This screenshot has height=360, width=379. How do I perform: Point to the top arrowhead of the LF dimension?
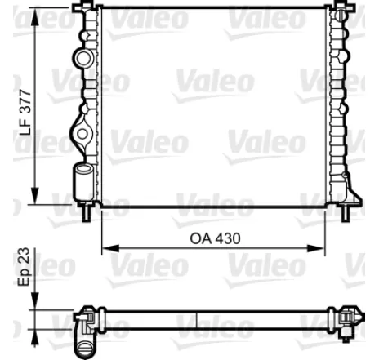point(37,11)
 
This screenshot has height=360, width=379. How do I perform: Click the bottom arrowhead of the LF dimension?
point(37,198)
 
